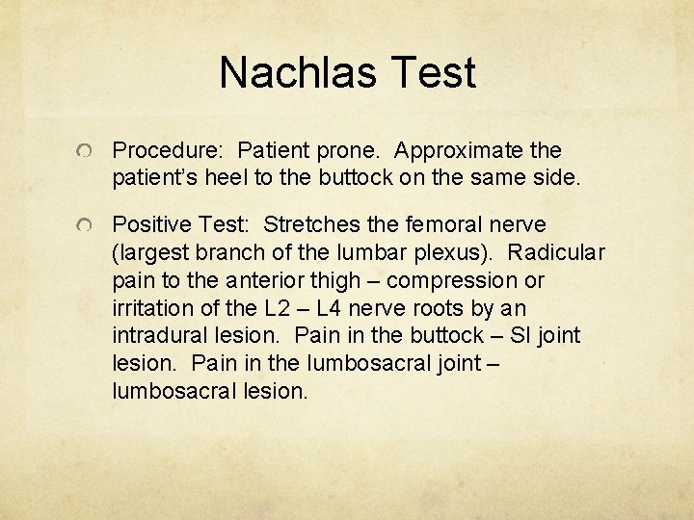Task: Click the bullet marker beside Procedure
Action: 86,152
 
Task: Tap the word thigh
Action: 330,280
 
